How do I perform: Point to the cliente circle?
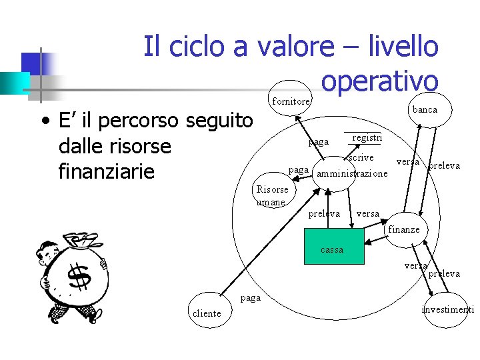click(206, 312)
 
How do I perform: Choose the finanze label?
click(403, 229)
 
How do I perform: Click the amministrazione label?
click(351, 174)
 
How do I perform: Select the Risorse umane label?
click(272, 196)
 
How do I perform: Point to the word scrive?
click(361, 158)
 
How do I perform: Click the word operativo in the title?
click(379, 80)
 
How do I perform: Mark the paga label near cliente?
click(251, 297)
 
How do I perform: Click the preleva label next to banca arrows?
click(444, 165)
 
